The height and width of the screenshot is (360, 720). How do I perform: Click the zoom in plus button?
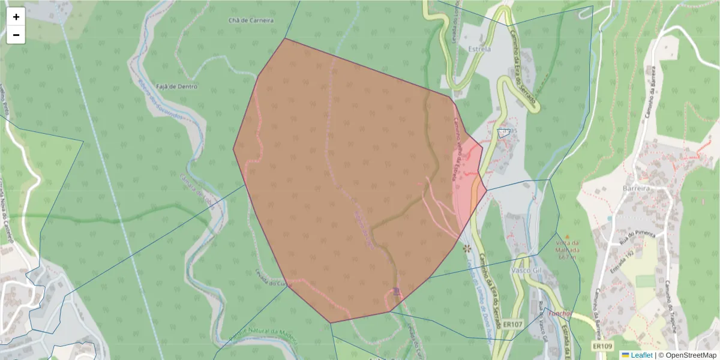[16, 17]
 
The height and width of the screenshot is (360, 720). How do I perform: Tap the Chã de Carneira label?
[251, 20]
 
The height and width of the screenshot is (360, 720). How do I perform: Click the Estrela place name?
[479, 49]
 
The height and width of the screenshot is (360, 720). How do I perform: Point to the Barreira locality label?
[637, 188]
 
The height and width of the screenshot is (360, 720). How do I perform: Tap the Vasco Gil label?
[525, 271]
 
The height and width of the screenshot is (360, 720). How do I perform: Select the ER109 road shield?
[602, 346]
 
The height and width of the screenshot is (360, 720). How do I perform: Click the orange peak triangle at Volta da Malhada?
[567, 237]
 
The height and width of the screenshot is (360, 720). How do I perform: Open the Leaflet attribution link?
[641, 355]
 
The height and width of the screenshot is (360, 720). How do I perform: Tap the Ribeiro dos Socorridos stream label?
[160, 100]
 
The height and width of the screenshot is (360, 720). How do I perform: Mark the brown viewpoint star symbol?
[467, 248]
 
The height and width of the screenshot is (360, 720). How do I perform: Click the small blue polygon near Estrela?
[503, 133]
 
